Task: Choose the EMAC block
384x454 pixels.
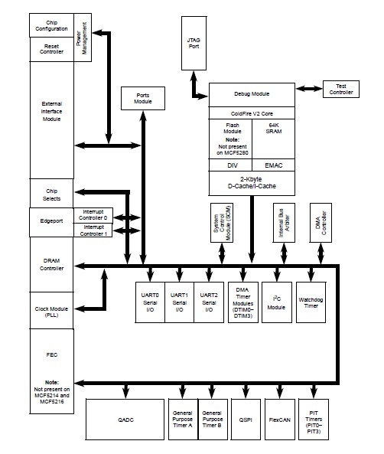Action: [274, 165]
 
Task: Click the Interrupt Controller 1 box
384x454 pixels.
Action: [93, 230]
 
